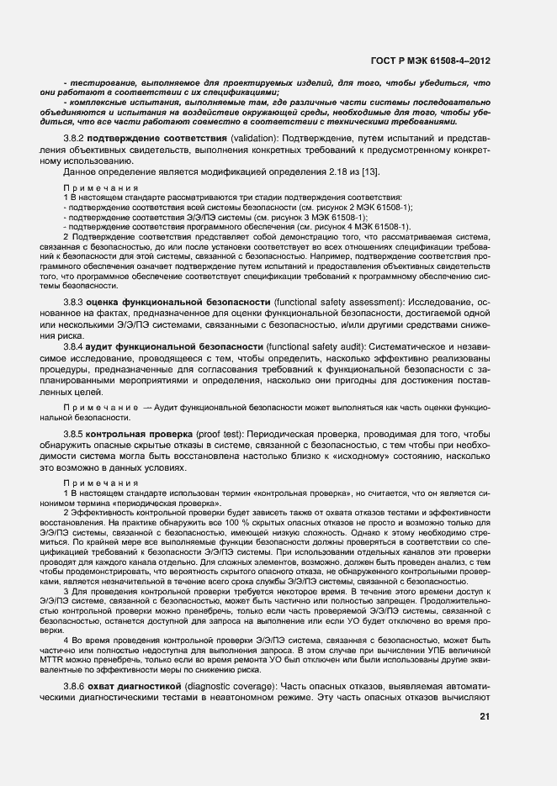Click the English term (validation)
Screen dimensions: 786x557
tap(254, 137)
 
